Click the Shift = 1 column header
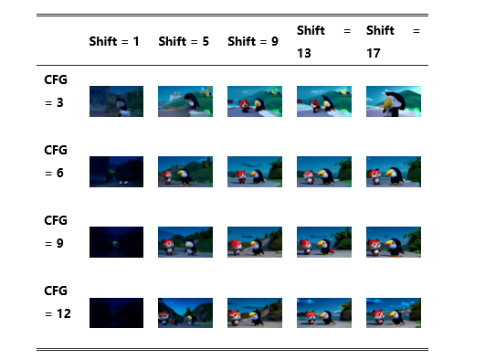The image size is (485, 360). click(x=114, y=41)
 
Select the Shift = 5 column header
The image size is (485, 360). click(x=184, y=41)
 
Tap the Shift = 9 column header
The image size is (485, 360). click(x=253, y=41)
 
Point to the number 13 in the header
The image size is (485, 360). click(x=304, y=53)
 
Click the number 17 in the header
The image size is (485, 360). click(x=374, y=53)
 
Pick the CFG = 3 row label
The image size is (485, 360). click(x=56, y=91)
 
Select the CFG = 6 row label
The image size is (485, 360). click(x=56, y=162)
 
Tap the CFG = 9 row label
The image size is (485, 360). click(x=56, y=231)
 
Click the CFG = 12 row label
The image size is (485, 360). click(x=58, y=302)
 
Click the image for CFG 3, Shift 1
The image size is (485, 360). click(x=116, y=101)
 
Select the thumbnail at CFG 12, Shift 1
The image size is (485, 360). click(x=116, y=312)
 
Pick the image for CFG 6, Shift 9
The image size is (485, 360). click(x=255, y=172)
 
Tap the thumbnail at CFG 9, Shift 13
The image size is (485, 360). click(x=324, y=242)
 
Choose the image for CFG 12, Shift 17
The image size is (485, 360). click(x=394, y=312)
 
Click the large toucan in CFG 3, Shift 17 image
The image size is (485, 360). click(x=393, y=103)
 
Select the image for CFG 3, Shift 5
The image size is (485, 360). click(x=185, y=101)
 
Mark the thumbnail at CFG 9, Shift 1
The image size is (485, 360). click(x=116, y=242)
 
